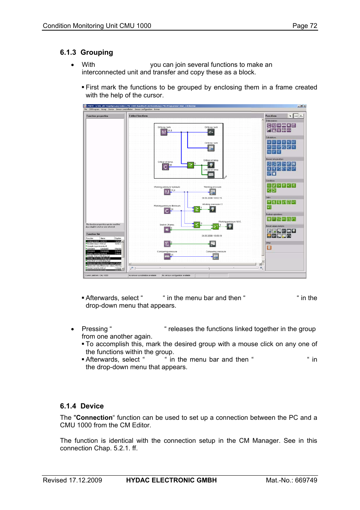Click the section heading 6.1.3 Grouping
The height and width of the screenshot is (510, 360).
(86, 52)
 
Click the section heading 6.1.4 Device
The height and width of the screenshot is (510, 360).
(82, 406)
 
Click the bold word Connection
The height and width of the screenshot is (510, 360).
(94, 418)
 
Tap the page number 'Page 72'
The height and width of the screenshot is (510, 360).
(305, 26)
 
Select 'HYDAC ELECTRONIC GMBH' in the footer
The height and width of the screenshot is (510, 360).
(171, 480)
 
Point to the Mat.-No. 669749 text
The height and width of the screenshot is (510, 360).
(291, 480)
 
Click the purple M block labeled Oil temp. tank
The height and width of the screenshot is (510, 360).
(164, 133)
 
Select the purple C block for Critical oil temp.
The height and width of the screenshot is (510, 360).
(165, 166)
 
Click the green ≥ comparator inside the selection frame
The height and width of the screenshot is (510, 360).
(191, 165)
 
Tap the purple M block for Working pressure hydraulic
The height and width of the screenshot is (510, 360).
(167, 192)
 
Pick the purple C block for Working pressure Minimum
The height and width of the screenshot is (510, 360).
(167, 211)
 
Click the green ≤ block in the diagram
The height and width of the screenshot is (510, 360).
(197, 225)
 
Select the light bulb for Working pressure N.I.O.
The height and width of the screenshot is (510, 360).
(230, 226)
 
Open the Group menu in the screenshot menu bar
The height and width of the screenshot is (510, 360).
(103, 109)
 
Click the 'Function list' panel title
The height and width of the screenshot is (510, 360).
(93, 234)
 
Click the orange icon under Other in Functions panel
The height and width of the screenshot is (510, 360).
(269, 248)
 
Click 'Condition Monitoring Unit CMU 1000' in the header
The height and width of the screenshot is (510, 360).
(97, 26)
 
